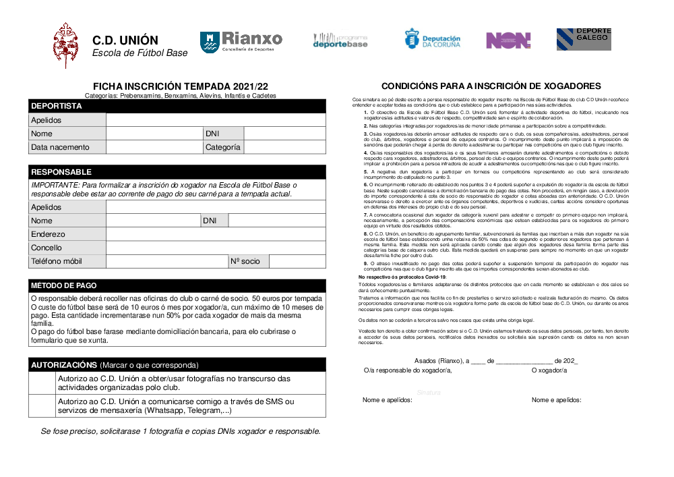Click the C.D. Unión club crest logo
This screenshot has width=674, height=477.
coord(67,45)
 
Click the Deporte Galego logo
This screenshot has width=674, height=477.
coord(584,39)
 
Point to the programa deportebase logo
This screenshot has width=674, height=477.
coord(340,40)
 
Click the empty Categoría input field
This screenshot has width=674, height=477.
coord(284,147)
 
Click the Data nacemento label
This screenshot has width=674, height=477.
coord(60,147)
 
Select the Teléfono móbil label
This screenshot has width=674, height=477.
coord(57,261)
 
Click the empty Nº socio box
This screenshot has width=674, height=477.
coord(297,261)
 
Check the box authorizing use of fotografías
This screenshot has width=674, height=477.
coord(42,383)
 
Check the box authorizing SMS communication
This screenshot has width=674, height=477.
coord(42,406)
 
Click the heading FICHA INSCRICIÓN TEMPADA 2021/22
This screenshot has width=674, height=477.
coord(180,86)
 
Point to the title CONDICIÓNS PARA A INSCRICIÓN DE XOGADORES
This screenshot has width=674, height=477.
coord(491,86)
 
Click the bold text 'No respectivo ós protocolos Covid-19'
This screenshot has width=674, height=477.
coord(402,277)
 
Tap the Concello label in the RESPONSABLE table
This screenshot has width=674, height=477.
coord(47,248)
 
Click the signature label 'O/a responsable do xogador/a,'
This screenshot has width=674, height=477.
coord(407,370)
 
